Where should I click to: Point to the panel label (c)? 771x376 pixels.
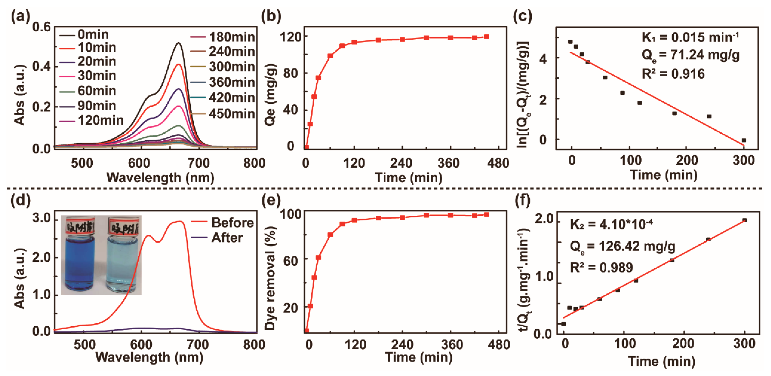pos(522,16)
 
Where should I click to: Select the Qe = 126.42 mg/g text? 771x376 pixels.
pos(622,247)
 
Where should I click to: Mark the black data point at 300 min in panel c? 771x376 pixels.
pos(744,140)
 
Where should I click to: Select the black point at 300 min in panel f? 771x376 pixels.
pos(744,220)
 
